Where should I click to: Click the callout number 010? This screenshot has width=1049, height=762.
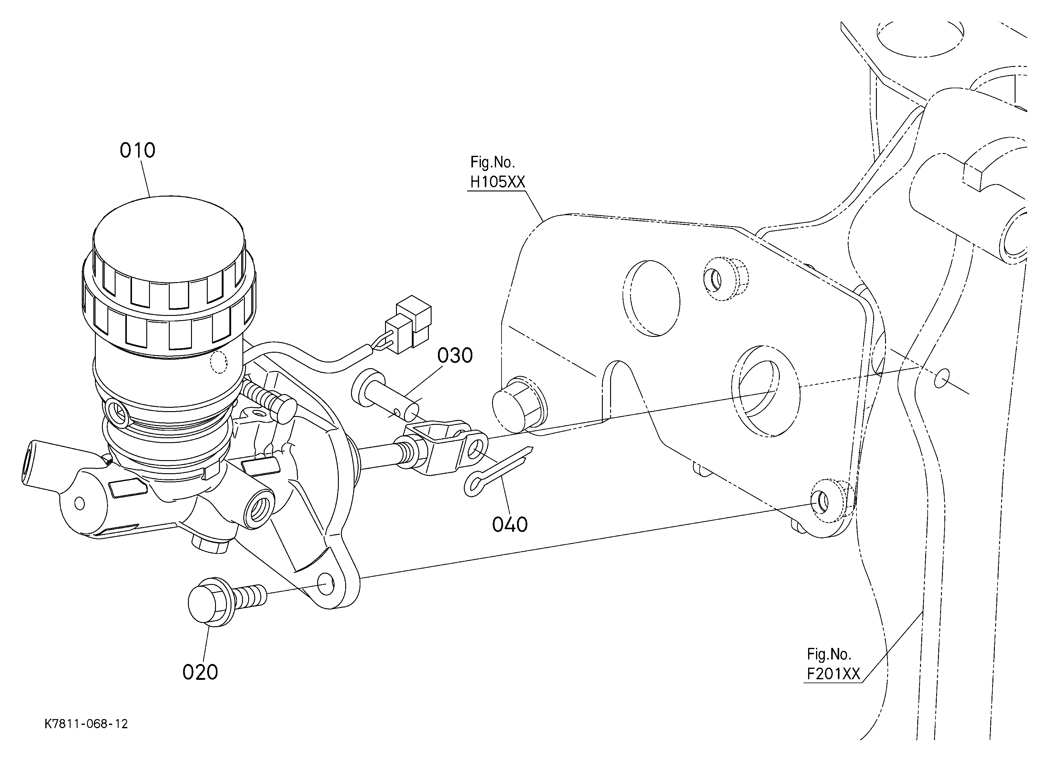(137, 150)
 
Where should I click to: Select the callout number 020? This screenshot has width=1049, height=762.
(200, 672)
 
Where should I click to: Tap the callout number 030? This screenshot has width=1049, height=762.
(455, 355)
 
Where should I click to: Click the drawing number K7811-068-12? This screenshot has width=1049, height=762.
(86, 724)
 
